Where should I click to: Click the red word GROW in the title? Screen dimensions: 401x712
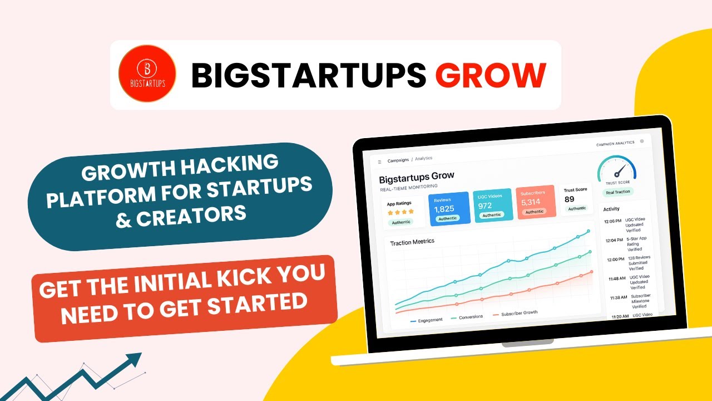489,75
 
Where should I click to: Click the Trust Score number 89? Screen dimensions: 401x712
569,199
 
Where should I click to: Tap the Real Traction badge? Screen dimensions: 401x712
618,192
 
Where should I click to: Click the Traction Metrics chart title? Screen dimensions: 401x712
412,242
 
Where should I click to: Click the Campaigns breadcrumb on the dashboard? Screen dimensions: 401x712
398,160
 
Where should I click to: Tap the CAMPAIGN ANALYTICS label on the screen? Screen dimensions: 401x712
615,143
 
